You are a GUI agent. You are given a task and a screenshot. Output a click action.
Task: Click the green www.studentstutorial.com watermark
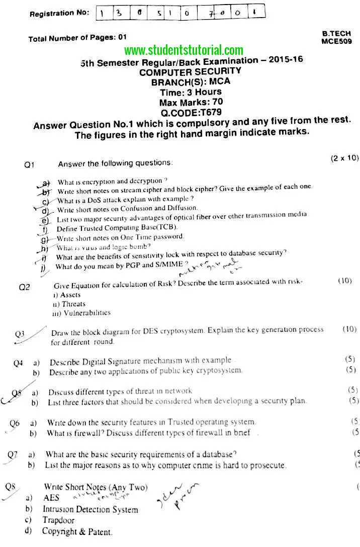coord(184,50)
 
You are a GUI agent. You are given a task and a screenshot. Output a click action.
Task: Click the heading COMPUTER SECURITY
coord(190,71)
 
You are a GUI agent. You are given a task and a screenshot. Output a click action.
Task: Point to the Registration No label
coord(59,13)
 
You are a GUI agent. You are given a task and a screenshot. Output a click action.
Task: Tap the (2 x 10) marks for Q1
coord(344,158)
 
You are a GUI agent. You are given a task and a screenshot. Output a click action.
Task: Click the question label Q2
coord(25,287)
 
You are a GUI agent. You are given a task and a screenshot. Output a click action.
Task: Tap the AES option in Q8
coord(51,498)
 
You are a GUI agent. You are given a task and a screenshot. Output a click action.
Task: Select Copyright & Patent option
coord(77,531)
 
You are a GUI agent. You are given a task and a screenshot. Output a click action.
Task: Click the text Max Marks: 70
coord(191,102)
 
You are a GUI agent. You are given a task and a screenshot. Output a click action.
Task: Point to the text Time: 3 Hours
coord(191,92)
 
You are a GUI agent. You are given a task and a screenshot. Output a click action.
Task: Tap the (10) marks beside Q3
coord(349,329)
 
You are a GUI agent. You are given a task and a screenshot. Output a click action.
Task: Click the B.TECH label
coord(336,33)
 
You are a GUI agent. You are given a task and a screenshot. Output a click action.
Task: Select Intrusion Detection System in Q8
coord(90,509)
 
